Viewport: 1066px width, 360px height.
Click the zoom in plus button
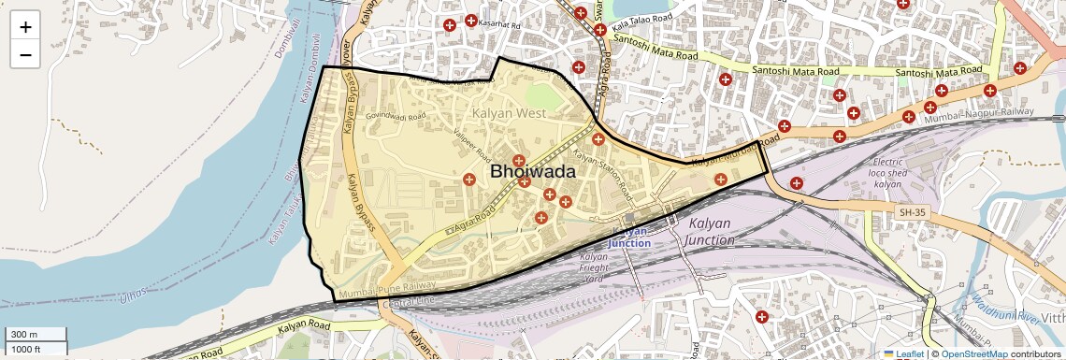click(x=25, y=27)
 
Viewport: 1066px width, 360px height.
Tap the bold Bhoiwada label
click(x=533, y=172)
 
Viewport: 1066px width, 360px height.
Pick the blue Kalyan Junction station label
click(x=629, y=237)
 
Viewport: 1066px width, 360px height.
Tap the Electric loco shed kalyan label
click(x=887, y=173)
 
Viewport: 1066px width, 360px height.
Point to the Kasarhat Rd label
click(x=498, y=22)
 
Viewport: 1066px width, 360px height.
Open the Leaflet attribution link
click(x=903, y=353)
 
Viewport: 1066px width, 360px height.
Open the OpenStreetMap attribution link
click(x=972, y=353)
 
